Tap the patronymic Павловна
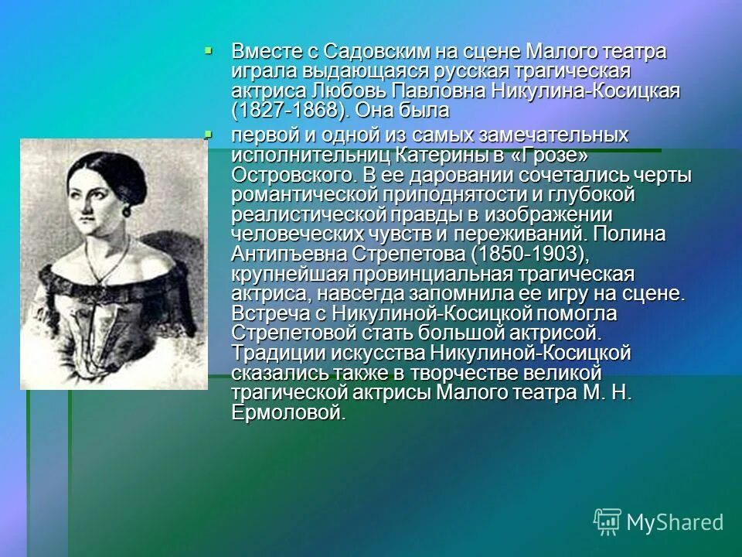tap(428, 91)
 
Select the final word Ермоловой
tap(287, 413)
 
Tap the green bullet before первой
tap(209, 135)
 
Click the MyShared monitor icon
tap(608, 521)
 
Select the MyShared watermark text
tap(676, 522)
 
